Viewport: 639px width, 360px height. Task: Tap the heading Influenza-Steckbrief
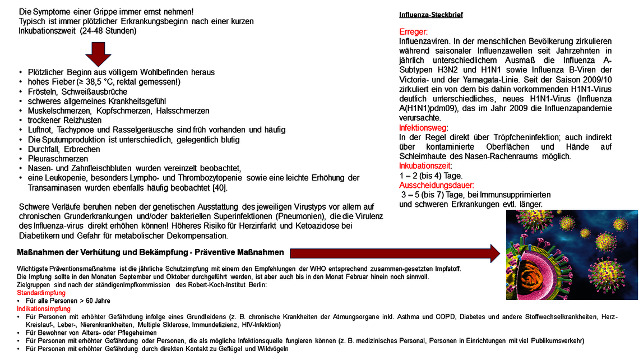[430, 15]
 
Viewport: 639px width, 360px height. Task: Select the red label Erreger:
[413, 32]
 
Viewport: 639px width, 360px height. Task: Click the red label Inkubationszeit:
[425, 166]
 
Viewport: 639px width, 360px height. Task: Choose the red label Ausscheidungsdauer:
[436, 185]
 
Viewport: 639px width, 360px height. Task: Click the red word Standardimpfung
[41, 293]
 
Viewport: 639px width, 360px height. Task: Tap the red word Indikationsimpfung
[44, 309]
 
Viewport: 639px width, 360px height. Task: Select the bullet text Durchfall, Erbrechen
[64, 149]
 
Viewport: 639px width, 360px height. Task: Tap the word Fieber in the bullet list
[62, 82]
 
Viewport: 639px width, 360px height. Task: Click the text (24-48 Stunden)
[108, 31]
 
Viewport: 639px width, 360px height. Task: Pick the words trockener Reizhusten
[64, 120]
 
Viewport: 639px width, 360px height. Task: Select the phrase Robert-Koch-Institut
[216, 285]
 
